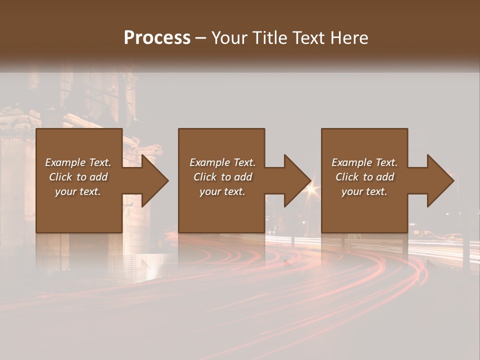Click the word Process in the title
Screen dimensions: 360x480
(157, 38)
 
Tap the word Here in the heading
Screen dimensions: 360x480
(349, 38)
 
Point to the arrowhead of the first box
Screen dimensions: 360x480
(155, 180)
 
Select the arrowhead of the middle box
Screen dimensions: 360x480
(297, 180)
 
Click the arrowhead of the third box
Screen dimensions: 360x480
(440, 180)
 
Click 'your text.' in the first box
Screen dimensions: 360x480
(78, 191)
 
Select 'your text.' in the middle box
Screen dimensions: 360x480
(222, 191)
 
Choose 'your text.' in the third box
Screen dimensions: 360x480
(364, 191)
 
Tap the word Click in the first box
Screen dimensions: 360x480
(60, 177)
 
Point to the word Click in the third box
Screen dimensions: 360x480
(347, 177)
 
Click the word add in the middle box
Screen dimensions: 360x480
(243, 177)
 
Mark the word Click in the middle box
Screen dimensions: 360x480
(205, 177)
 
